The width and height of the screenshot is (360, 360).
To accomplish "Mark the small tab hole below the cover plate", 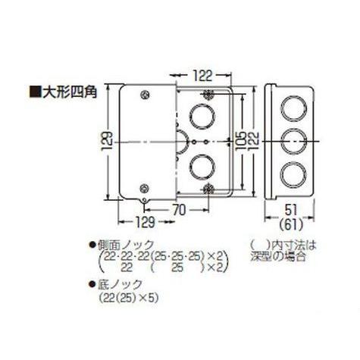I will click(146, 201).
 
